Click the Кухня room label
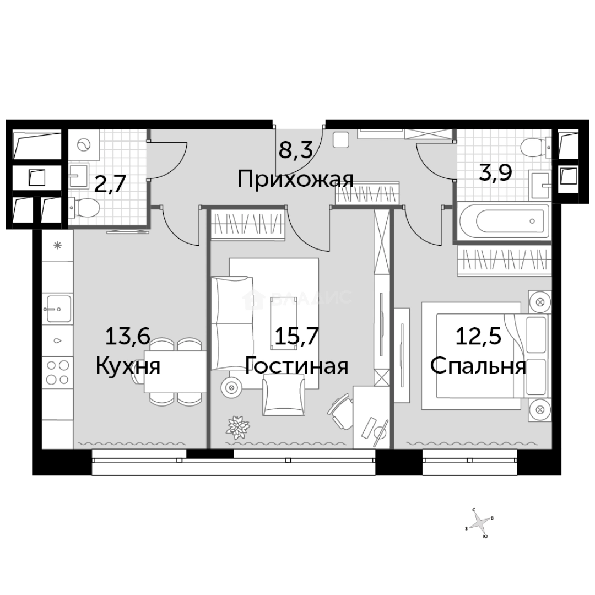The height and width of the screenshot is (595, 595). point(128,365)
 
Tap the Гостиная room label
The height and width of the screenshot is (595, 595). point(296,365)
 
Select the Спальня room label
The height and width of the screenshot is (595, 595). point(478,365)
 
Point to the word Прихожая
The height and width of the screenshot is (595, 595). point(295,180)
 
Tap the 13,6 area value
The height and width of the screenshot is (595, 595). point(128,336)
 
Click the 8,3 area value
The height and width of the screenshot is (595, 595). point(295,149)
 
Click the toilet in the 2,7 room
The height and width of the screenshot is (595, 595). point(84,208)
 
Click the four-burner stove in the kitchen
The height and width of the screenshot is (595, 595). point(58,372)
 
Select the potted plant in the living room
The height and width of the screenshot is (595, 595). point(238,426)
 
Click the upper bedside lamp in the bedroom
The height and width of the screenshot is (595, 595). point(539,302)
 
